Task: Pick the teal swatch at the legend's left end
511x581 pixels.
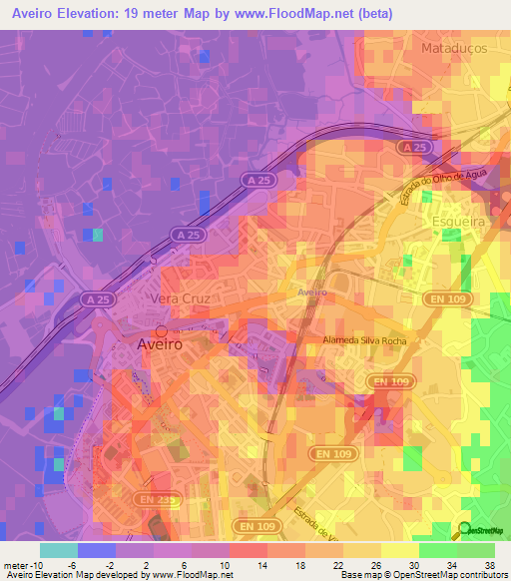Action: click(x=58, y=549)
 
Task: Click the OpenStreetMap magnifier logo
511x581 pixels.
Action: click(x=464, y=529)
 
